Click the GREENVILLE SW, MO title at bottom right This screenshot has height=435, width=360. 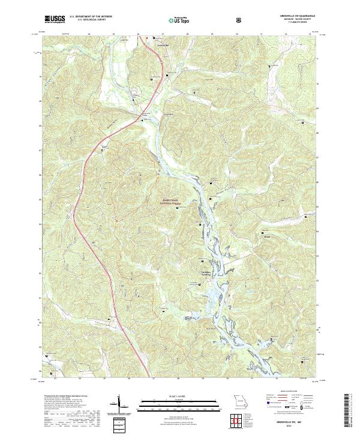point(291,422)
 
